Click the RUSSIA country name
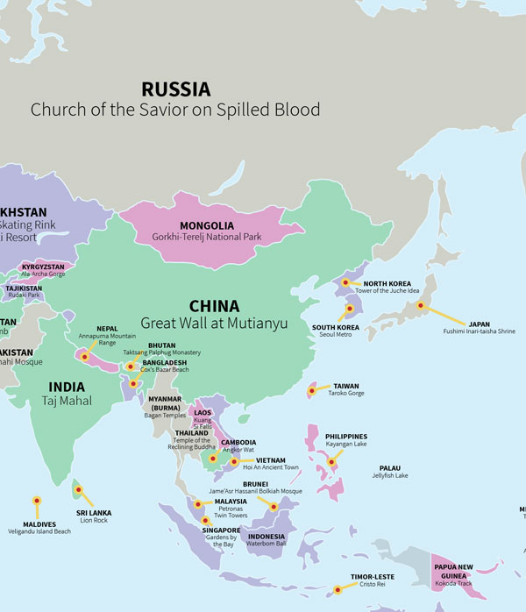[x=175, y=89]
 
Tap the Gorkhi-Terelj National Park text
[x=207, y=238]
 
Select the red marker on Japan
[x=421, y=306]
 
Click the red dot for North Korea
[x=345, y=282]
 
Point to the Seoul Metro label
[x=333, y=337]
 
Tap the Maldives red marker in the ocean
[x=37, y=501]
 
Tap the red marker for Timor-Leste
[x=337, y=590]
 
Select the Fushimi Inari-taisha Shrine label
[x=479, y=331]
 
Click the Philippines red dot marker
[x=331, y=462]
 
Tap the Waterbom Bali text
[x=267, y=544]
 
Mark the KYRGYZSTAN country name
[x=44, y=266]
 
